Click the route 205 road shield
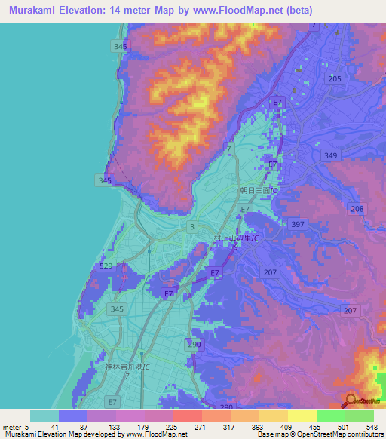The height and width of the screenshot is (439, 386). click(x=335, y=79)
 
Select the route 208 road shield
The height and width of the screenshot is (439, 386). click(x=357, y=209)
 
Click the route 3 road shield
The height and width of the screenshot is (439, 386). click(x=193, y=226)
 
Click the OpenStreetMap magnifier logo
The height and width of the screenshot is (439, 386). click(x=351, y=401)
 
